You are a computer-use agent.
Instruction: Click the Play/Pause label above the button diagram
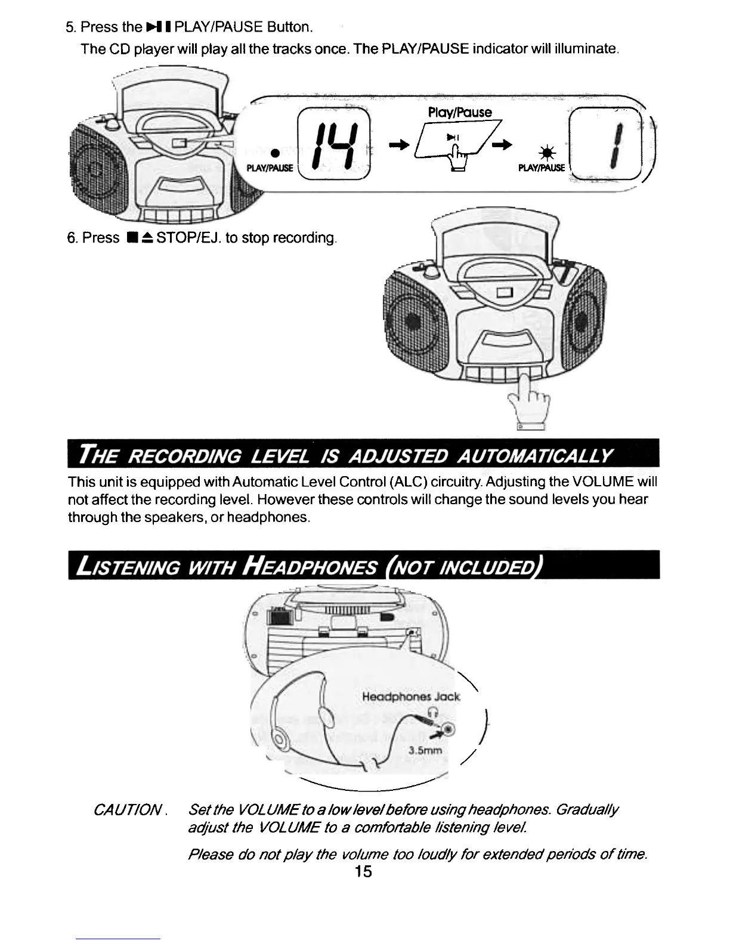pyautogui.click(x=460, y=112)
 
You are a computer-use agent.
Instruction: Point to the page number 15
pyautogui.click(x=363, y=871)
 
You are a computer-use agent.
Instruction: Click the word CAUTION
pyautogui.click(x=128, y=811)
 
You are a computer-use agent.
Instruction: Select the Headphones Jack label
pyautogui.click(x=411, y=696)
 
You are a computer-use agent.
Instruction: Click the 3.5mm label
pyautogui.click(x=425, y=750)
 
